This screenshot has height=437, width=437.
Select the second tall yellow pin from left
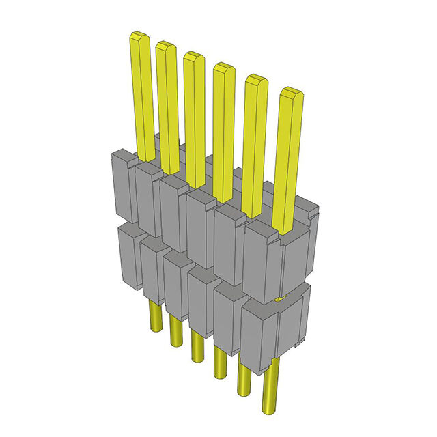pos(167,102)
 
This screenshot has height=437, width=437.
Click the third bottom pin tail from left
pos(198,345)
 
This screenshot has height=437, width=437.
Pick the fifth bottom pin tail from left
pos(244,379)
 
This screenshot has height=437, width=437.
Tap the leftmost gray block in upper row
pos(122,188)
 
